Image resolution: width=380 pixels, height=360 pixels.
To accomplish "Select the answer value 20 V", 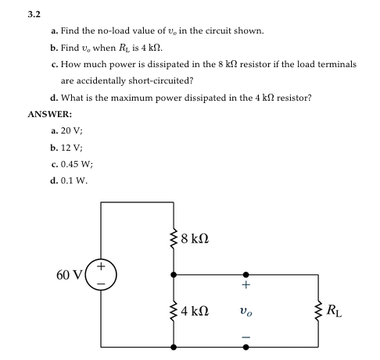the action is pyautogui.click(x=70, y=131).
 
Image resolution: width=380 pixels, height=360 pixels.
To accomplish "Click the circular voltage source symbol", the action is pyautogui.click(x=102, y=274).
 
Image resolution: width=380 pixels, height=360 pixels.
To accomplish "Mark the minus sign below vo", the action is pyautogui.click(x=247, y=337).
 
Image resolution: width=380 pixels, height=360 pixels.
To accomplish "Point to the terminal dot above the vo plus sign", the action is pyautogui.click(x=247, y=275).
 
